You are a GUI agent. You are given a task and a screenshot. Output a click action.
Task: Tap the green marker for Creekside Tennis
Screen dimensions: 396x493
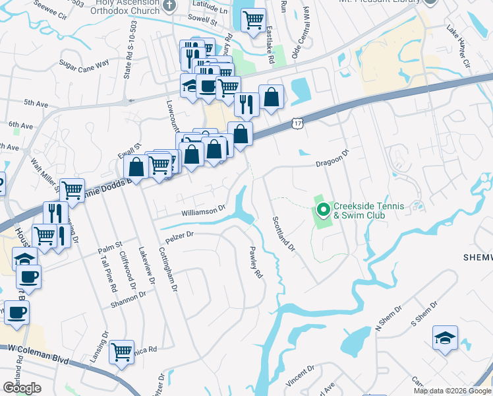[323, 210]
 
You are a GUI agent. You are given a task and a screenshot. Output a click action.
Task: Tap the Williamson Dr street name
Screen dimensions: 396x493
[204, 213]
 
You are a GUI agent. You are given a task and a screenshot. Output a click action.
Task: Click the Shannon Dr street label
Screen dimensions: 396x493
[128, 300]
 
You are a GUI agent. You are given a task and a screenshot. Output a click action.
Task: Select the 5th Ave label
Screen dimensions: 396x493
[37, 104]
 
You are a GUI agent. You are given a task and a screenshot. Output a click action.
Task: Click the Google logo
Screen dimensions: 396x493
[22, 387]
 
